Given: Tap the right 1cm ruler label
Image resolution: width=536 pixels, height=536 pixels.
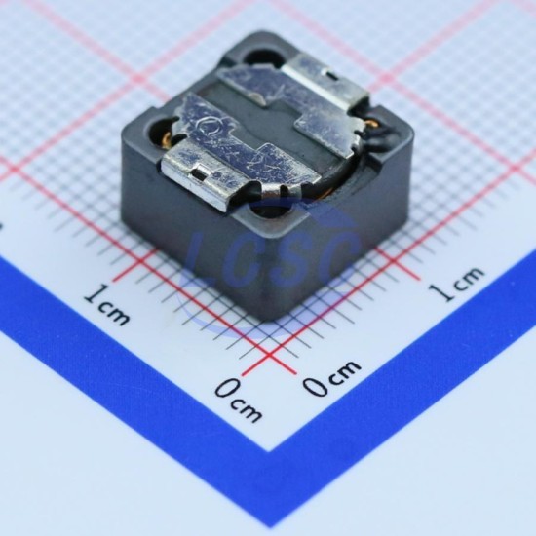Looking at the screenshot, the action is click(x=457, y=284).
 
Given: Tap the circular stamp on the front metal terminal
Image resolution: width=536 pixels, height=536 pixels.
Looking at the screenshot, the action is click(x=208, y=127).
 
